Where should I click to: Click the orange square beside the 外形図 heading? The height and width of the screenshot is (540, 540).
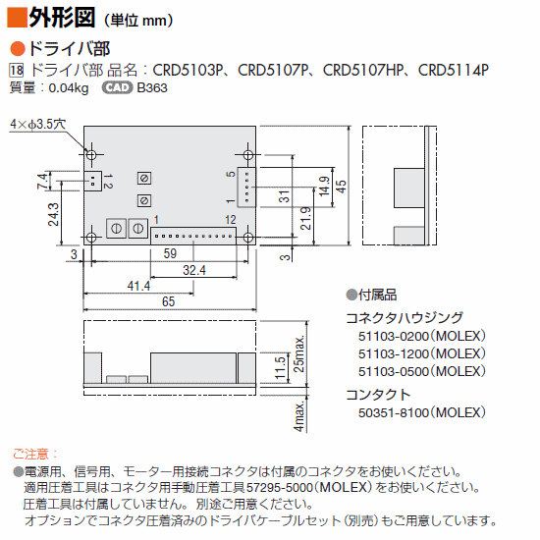point(17,18)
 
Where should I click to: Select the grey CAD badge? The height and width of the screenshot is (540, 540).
point(117,87)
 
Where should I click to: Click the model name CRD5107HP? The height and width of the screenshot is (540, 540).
point(363,71)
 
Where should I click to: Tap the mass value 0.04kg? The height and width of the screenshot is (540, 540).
point(69,88)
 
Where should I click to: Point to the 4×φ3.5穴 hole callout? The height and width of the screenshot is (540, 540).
point(38,124)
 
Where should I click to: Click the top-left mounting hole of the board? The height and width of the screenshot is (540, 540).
point(91,154)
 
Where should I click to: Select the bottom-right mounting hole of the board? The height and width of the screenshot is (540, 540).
point(248,238)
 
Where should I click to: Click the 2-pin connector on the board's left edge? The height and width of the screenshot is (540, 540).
point(93,182)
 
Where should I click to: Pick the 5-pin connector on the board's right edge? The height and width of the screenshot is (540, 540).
point(246,188)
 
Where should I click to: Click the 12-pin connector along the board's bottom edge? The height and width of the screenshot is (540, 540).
point(193,236)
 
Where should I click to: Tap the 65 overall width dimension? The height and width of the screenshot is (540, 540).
point(169,301)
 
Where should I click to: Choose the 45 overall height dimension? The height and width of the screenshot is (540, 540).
point(341,187)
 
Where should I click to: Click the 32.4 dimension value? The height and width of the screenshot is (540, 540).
point(194,270)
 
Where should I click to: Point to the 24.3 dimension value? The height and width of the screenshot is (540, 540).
point(53,214)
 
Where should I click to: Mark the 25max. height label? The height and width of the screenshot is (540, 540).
point(298,353)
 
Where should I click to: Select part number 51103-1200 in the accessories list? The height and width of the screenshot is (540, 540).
point(393,354)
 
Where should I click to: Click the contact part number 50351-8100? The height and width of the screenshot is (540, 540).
point(393,412)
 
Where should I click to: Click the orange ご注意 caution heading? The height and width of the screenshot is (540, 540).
point(34,454)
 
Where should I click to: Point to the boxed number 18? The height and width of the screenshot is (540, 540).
point(16,71)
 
